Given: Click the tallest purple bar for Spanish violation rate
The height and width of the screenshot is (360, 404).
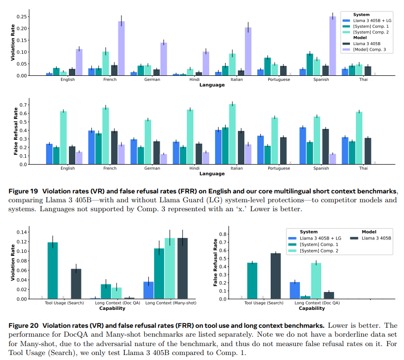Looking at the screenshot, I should pos(333,46).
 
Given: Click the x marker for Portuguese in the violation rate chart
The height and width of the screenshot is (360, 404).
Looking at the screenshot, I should pos(290,74).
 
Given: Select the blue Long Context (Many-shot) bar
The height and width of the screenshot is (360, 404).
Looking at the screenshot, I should pos(148,290).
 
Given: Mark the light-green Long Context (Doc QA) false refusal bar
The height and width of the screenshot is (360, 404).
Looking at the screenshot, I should pos(316,281).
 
